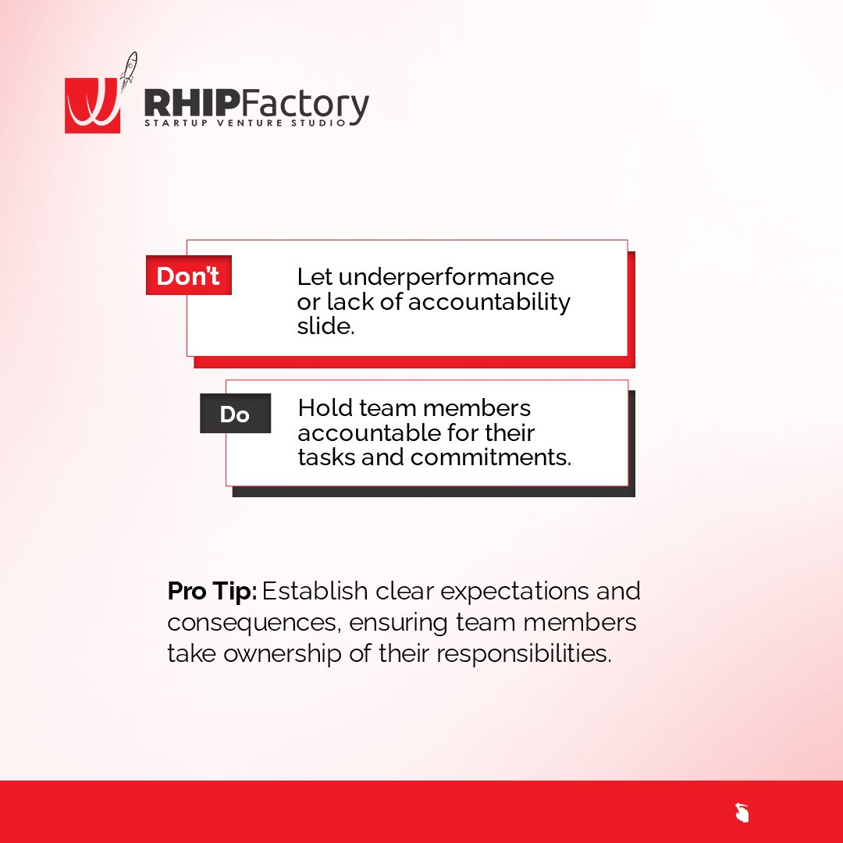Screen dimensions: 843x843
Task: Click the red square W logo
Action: click(x=92, y=105)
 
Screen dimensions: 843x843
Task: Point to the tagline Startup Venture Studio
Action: click(x=244, y=123)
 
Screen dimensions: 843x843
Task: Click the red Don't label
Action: click(x=188, y=276)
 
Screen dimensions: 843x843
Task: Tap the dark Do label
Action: click(x=235, y=414)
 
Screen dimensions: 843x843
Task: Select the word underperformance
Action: click(x=446, y=277)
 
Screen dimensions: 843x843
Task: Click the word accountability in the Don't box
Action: click(x=489, y=302)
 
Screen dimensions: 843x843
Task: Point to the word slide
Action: click(x=325, y=326)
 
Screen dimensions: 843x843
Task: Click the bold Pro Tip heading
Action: click(x=212, y=591)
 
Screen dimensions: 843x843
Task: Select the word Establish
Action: click(x=315, y=591)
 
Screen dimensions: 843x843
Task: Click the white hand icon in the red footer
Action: click(x=742, y=813)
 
